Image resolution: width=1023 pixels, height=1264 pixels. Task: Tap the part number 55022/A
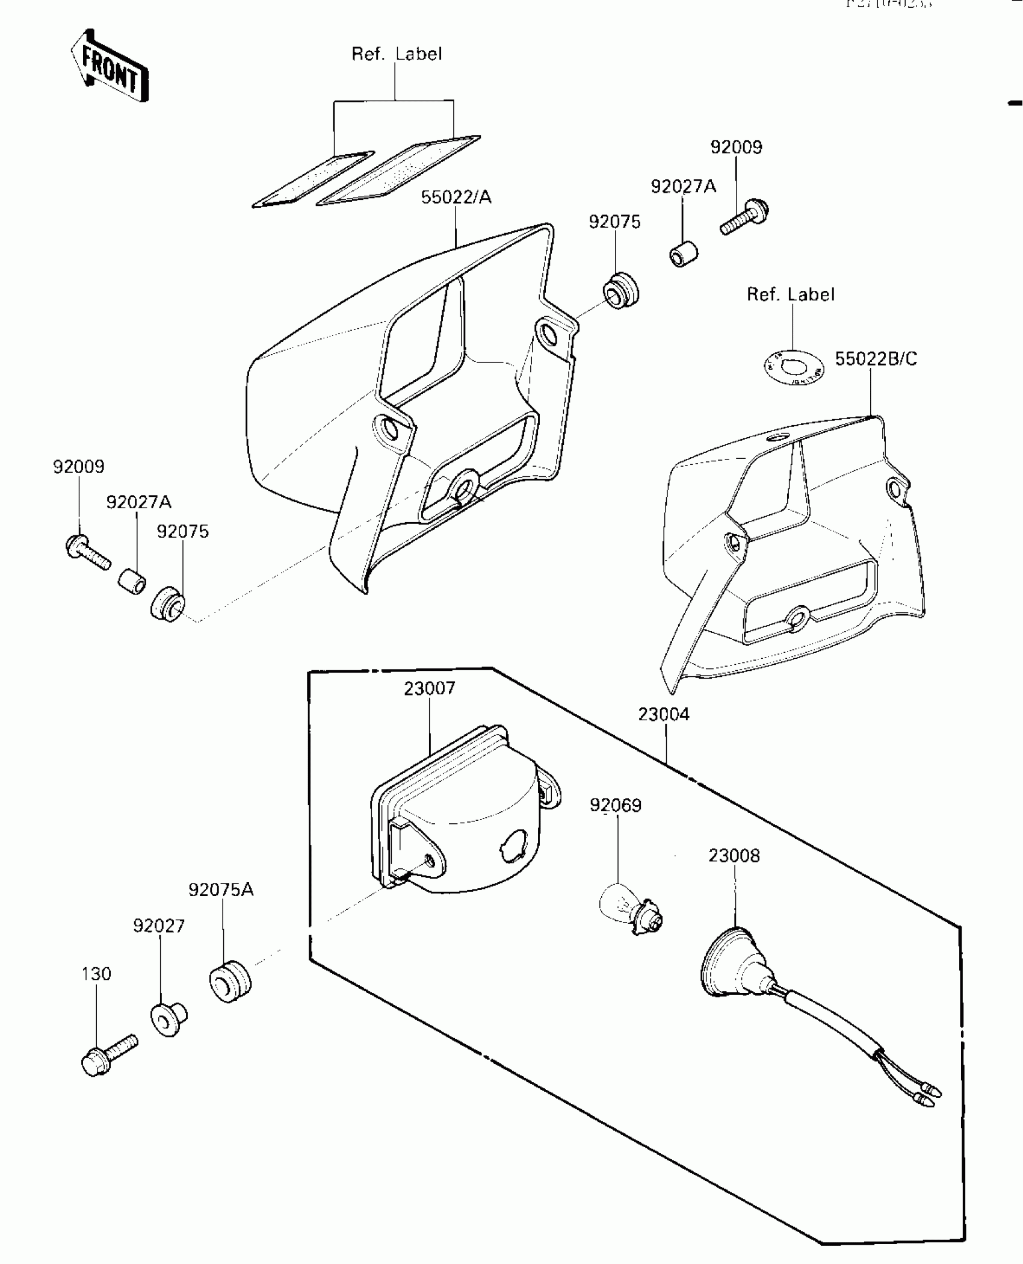[456, 197]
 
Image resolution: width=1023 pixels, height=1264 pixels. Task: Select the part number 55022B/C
[876, 359]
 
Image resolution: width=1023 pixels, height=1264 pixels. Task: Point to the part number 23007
[429, 688]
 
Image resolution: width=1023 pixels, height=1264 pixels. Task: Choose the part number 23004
[664, 714]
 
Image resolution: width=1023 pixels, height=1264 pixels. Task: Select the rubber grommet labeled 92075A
[230, 982]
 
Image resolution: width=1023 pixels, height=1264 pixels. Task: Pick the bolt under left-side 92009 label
[87, 553]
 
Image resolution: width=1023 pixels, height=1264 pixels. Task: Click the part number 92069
[616, 805]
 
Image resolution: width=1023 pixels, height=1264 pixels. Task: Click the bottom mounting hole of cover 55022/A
[464, 488]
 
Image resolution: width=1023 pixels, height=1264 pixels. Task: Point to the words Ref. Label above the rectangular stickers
[397, 54]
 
